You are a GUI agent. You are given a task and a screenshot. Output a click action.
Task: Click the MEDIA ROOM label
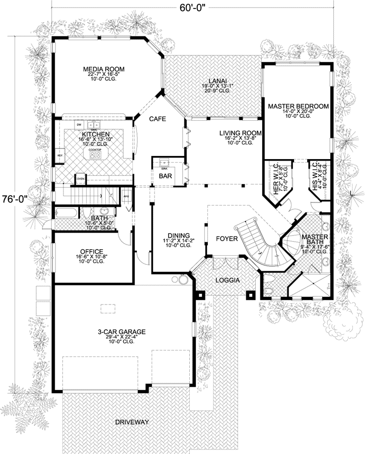click(x=104, y=69)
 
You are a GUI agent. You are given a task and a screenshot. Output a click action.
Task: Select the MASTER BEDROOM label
click(x=298, y=106)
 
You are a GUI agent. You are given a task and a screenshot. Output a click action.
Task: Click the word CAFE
click(x=158, y=120)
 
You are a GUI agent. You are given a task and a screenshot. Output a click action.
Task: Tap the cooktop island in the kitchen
click(x=95, y=155)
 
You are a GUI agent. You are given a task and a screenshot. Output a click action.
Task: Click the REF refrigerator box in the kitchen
click(x=59, y=156)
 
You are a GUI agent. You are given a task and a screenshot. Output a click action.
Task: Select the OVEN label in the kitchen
click(x=80, y=178)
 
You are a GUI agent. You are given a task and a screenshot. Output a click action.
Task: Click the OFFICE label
click(x=92, y=251)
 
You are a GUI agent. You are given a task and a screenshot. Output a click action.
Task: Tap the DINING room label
click(x=179, y=235)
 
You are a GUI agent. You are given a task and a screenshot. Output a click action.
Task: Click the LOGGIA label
click(x=228, y=280)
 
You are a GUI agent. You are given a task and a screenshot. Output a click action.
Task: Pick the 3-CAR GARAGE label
click(x=122, y=332)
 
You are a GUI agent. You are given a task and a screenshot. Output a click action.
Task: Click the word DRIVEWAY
click(x=131, y=422)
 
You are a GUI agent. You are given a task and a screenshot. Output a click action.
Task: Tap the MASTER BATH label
click(x=315, y=240)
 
